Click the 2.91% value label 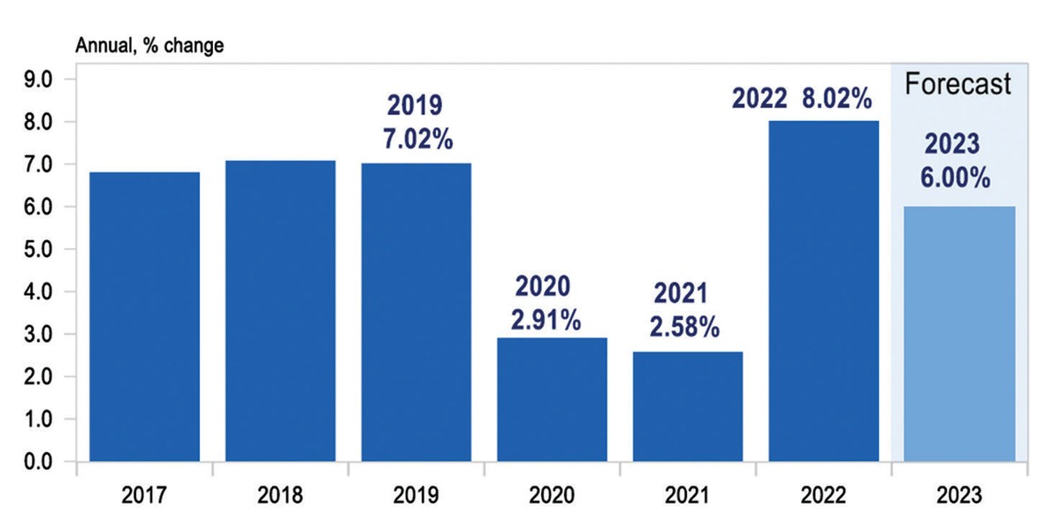pos(546,319)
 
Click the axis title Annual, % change pos(149,46)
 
